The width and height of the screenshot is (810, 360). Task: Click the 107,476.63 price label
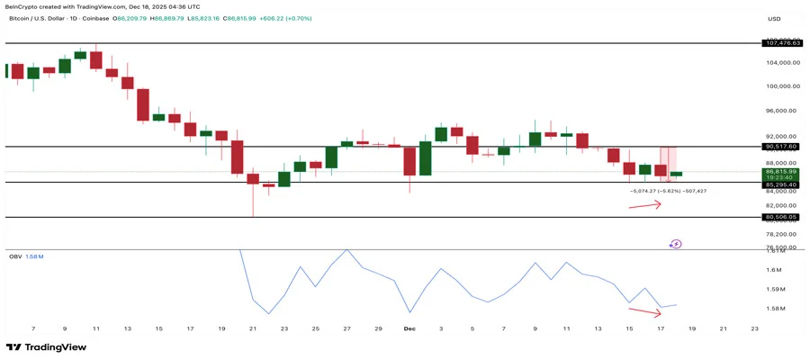[x=782, y=43]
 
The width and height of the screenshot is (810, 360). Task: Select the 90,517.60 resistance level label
[x=781, y=146]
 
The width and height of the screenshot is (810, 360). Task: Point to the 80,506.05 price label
[x=781, y=217]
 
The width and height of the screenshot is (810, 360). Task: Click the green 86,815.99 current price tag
[x=781, y=171]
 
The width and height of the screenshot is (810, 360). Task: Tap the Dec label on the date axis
[x=409, y=329]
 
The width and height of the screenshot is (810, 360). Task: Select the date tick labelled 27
[x=346, y=329]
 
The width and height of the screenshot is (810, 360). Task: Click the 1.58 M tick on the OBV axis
[x=775, y=309]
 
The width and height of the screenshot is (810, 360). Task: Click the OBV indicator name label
[x=14, y=256]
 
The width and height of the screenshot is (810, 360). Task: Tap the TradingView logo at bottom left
[x=46, y=347]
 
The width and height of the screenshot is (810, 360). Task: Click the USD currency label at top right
[x=774, y=18]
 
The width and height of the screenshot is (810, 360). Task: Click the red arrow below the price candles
[x=644, y=205]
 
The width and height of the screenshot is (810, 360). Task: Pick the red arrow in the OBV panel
[x=644, y=312]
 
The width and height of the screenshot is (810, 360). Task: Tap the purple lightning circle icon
[x=676, y=243]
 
